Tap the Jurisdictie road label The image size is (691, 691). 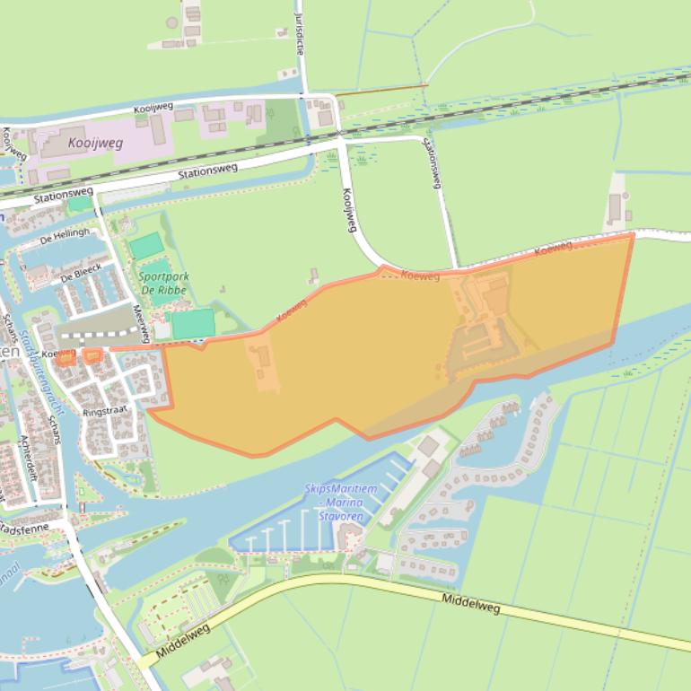point(299,33)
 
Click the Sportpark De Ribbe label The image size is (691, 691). point(162,284)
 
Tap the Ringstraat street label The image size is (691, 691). point(104,411)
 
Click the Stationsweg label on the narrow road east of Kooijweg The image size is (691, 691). point(433,163)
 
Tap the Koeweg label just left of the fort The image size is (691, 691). point(420,276)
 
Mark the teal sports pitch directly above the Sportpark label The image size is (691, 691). point(146,246)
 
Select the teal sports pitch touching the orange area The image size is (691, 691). point(193,324)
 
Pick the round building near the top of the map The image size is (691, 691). point(171,22)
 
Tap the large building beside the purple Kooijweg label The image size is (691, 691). point(159,130)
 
